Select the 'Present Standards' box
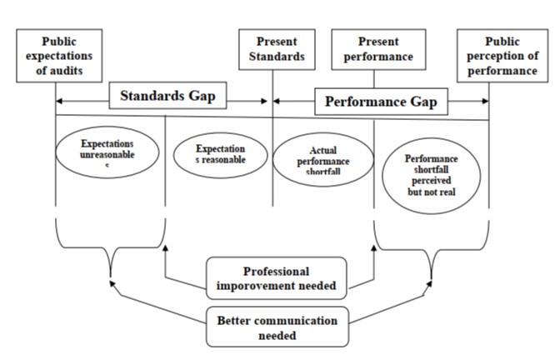point(276,50)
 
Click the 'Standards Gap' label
point(167,96)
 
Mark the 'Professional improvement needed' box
point(276,278)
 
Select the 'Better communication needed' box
point(277,327)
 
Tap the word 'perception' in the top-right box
point(510,57)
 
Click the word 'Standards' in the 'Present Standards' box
point(277,57)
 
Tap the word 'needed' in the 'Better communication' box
point(277,335)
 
